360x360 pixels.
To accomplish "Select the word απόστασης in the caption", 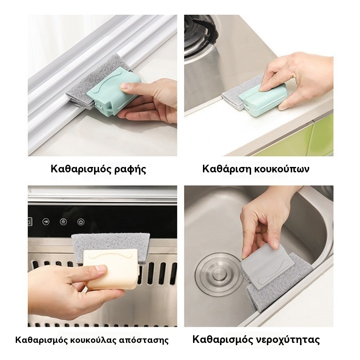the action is click(144, 340).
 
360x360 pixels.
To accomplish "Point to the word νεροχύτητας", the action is click(288, 340).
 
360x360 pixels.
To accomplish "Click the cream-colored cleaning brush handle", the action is click(111, 269).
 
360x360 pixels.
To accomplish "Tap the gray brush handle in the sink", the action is click(268, 266).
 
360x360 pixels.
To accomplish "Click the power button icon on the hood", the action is click(81, 222).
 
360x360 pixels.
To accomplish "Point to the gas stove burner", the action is click(200, 37).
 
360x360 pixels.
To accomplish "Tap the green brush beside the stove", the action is click(263, 99).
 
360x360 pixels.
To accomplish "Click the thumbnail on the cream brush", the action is click(101, 268).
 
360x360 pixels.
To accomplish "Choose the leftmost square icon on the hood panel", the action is click(30, 222).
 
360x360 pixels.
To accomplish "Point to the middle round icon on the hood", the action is click(63, 222).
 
